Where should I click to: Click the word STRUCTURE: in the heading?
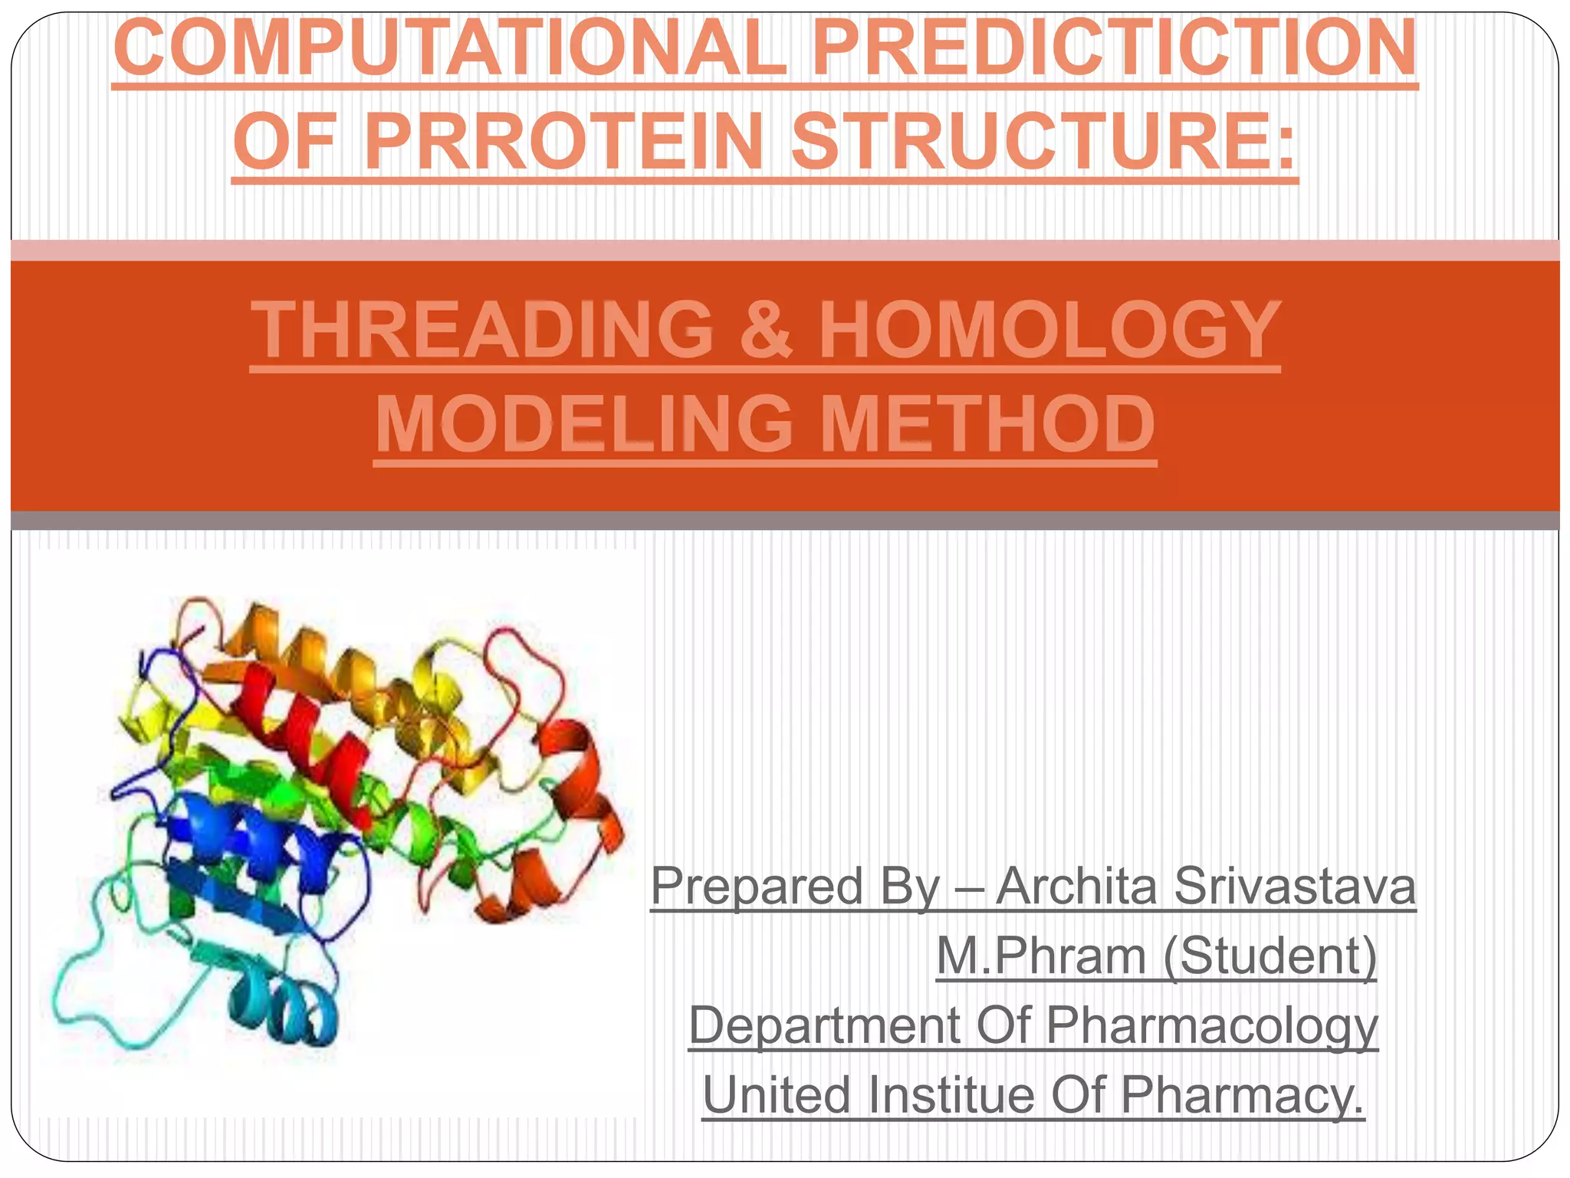click(1043, 142)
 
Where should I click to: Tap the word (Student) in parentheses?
click(1269, 956)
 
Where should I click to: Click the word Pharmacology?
click(1211, 1025)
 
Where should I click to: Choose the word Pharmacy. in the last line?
click(1242, 1094)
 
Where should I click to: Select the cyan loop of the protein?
click(84, 989)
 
